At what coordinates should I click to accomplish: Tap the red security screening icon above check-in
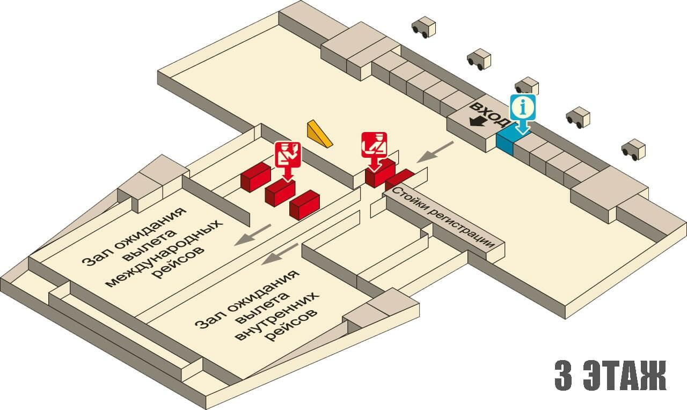[374, 144]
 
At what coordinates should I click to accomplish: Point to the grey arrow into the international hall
[252, 235]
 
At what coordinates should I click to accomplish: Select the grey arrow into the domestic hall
[281, 254]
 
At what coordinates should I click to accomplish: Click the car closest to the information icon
[527, 86]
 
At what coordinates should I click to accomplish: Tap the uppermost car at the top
[423, 27]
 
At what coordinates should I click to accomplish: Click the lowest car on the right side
[633, 150]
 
